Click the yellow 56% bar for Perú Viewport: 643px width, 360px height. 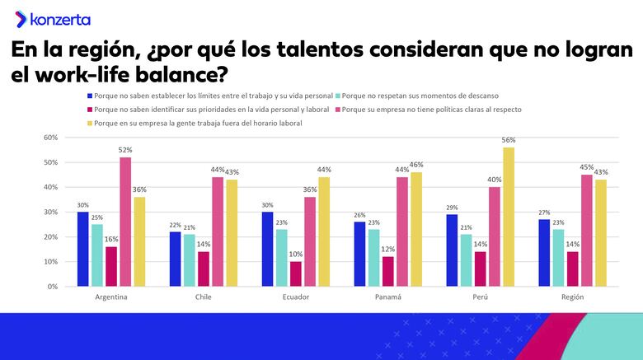point(509,217)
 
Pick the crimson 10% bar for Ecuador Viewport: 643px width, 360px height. point(296,274)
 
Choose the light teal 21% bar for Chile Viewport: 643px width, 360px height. point(190,260)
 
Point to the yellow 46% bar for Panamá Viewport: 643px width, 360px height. point(416,229)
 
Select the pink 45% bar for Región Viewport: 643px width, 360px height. point(587,231)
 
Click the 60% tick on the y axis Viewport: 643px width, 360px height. point(50,138)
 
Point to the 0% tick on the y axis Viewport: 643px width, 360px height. point(52,287)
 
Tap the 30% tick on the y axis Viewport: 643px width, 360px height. point(50,213)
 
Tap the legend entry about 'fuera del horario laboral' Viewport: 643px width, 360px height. point(199,124)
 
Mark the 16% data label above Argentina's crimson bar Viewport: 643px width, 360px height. point(111,239)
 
